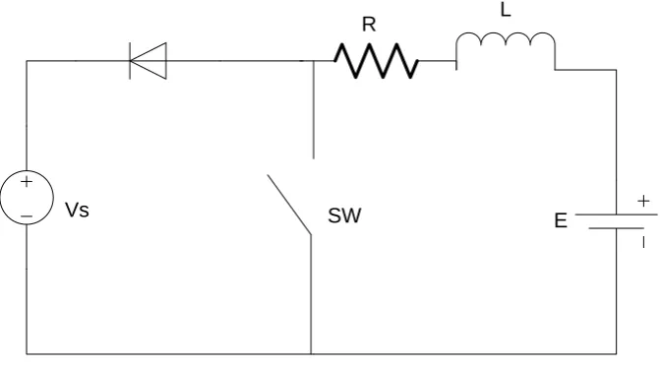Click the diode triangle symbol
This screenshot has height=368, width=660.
tap(149, 61)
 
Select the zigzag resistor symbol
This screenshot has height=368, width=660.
tap(377, 61)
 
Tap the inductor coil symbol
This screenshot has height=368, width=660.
tap(506, 38)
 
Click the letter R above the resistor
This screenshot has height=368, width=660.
tap(369, 25)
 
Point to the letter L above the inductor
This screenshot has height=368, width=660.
tap(506, 10)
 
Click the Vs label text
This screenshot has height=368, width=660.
tap(77, 210)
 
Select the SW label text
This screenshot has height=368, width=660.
tap(344, 215)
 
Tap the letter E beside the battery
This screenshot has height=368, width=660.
tap(561, 220)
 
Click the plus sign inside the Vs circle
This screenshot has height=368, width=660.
tap(27, 181)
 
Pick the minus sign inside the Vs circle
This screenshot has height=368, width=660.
tap(27, 216)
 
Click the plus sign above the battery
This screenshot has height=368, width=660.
tap(643, 201)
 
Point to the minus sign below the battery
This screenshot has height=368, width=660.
tap(643, 242)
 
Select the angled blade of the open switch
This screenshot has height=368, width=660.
tap(289, 205)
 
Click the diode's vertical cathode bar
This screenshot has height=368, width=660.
tap(130, 61)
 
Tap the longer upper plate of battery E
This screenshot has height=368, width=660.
tap(616, 215)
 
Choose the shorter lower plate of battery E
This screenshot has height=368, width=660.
tap(616, 228)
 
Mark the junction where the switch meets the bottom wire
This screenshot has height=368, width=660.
tap(311, 354)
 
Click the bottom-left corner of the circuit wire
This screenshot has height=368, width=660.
tap(27, 354)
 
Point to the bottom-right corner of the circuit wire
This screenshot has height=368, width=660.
tap(616, 354)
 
